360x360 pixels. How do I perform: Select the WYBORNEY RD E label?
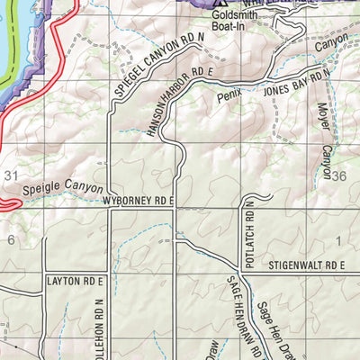pyautogui.click(x=136, y=202)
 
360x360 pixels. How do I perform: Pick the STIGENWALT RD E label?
pyautogui.click(x=307, y=266)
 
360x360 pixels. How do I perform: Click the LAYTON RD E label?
pyautogui.click(x=76, y=281)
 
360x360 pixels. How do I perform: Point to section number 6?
pyautogui.click(x=11, y=239)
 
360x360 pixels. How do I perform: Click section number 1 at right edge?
pyautogui.click(x=339, y=239)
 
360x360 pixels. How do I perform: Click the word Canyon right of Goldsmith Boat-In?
pyautogui.click(x=330, y=41)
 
